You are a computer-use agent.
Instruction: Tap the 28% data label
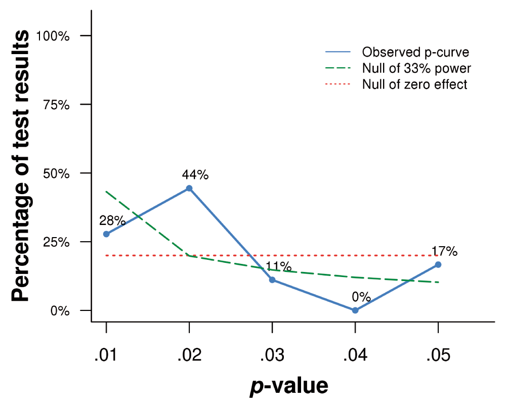[112, 220]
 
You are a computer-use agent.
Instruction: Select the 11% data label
[278, 266]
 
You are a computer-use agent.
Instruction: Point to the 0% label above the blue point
[361, 297]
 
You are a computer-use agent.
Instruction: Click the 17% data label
[444, 251]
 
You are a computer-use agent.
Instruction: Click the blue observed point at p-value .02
[189, 188]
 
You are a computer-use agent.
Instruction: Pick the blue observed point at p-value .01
[106, 234]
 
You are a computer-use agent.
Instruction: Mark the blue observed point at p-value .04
[355, 310]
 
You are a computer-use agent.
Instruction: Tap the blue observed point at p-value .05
[438, 264]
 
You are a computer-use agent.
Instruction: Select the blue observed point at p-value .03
[272, 280]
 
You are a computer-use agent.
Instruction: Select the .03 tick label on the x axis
[272, 355]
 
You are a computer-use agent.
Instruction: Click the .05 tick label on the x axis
[438, 355]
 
